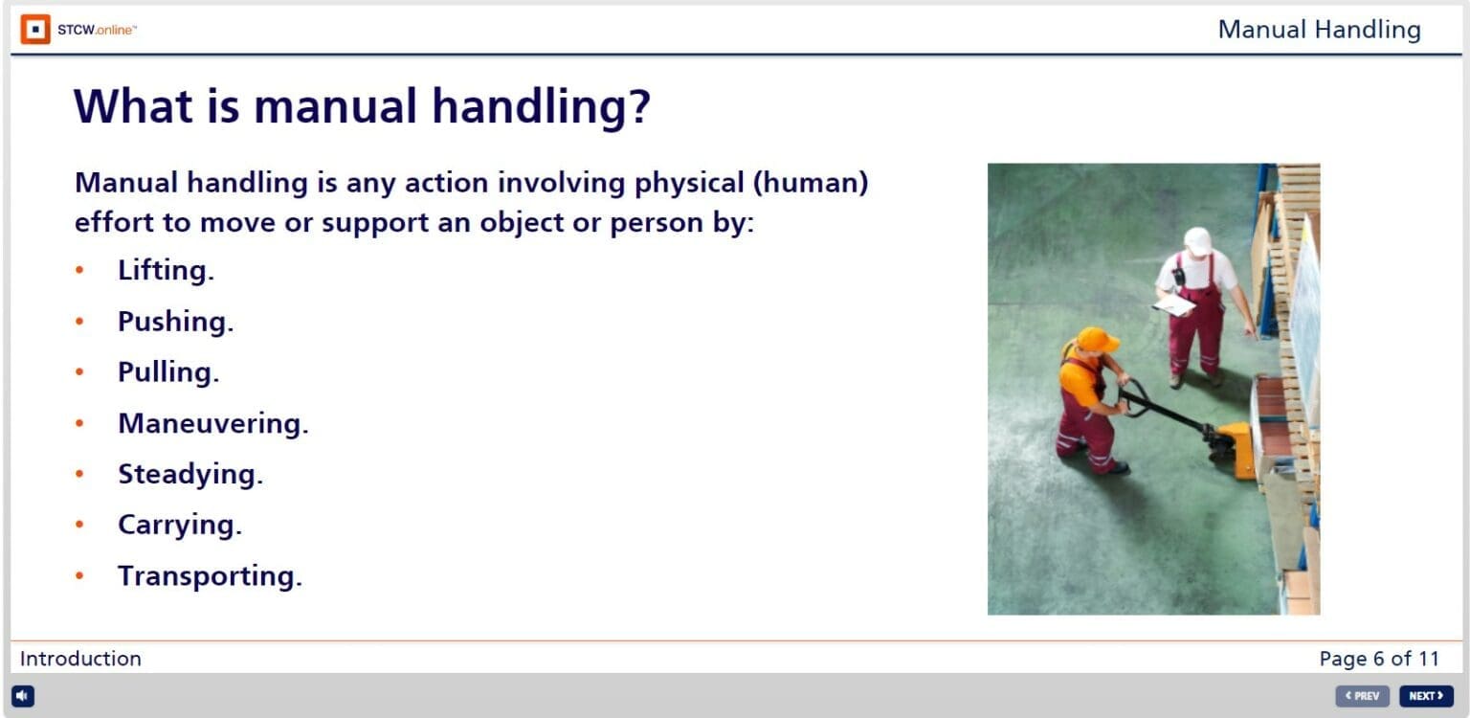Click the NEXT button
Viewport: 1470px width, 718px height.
coord(1425,696)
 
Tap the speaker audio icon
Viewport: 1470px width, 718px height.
coord(23,696)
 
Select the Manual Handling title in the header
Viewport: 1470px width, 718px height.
coord(1319,30)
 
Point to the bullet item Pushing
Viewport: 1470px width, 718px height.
coord(175,322)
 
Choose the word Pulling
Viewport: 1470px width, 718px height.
coord(168,372)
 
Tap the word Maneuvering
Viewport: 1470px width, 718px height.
coord(212,423)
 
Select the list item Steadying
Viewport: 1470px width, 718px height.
coord(189,474)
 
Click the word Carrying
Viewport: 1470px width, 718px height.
coord(180,525)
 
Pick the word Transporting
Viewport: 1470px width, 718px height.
coord(210,576)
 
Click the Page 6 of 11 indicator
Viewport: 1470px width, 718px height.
coord(1378,659)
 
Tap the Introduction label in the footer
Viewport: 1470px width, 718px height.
coord(80,659)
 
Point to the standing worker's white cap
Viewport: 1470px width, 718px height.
coord(1197,239)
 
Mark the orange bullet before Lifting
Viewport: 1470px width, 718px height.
coord(80,271)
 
